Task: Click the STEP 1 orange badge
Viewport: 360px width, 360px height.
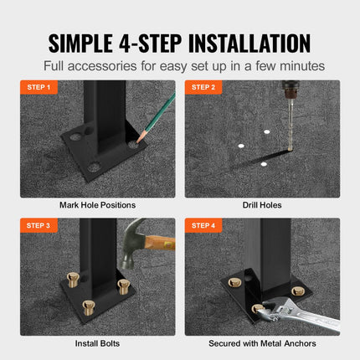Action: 38,87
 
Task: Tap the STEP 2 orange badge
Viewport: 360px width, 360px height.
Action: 203,87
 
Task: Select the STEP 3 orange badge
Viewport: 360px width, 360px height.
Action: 38,225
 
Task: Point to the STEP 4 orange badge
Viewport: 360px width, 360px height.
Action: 203,225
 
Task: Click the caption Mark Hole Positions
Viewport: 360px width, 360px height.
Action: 97,204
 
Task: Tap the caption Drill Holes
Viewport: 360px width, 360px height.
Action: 262,204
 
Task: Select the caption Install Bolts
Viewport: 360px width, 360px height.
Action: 97,342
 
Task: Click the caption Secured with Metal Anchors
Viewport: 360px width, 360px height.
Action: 262,342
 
